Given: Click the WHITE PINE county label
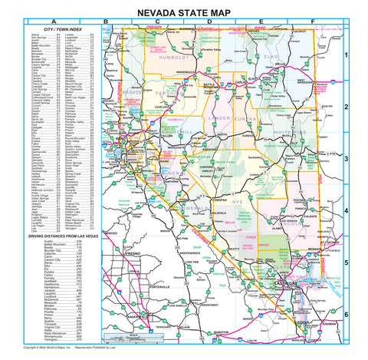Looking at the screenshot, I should click(x=306, y=132).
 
